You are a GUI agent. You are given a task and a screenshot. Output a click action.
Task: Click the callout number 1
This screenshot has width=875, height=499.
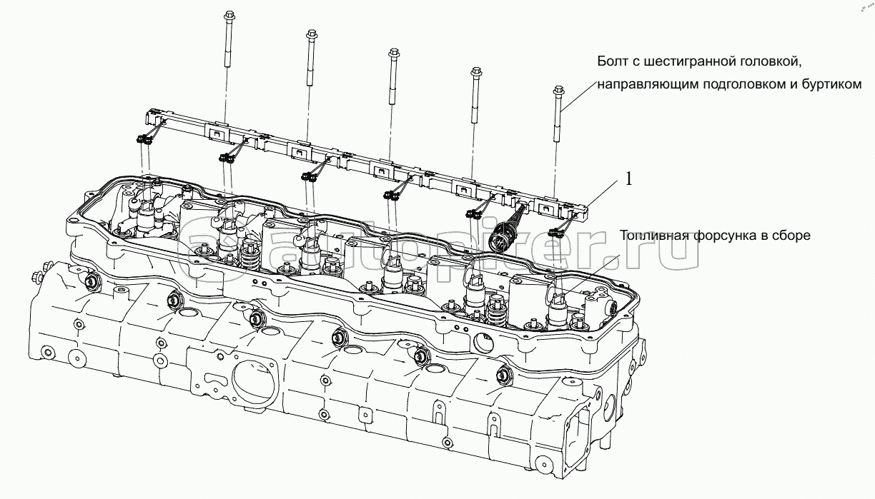point(629,179)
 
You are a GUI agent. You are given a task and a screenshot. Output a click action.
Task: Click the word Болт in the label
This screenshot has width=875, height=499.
point(613,62)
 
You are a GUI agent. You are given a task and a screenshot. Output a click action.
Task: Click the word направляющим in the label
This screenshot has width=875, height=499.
point(641,84)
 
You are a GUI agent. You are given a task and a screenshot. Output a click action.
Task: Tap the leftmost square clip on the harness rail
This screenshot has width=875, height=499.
point(216,131)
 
